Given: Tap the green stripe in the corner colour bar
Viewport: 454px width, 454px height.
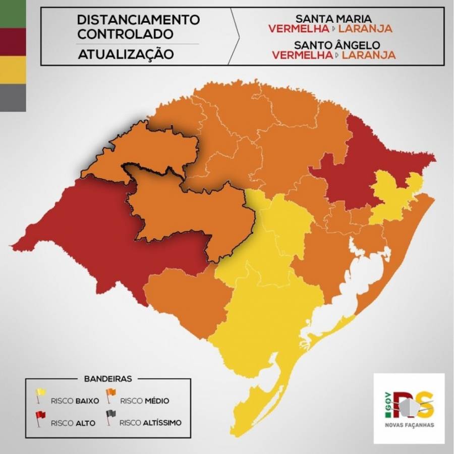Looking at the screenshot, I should click(x=13, y=14).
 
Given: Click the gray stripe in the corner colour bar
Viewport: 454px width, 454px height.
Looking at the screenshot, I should click(x=13, y=97).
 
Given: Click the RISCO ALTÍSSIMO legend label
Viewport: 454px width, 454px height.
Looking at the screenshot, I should click(x=150, y=423).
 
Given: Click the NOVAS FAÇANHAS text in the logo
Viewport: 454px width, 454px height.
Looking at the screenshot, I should click(x=409, y=424).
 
